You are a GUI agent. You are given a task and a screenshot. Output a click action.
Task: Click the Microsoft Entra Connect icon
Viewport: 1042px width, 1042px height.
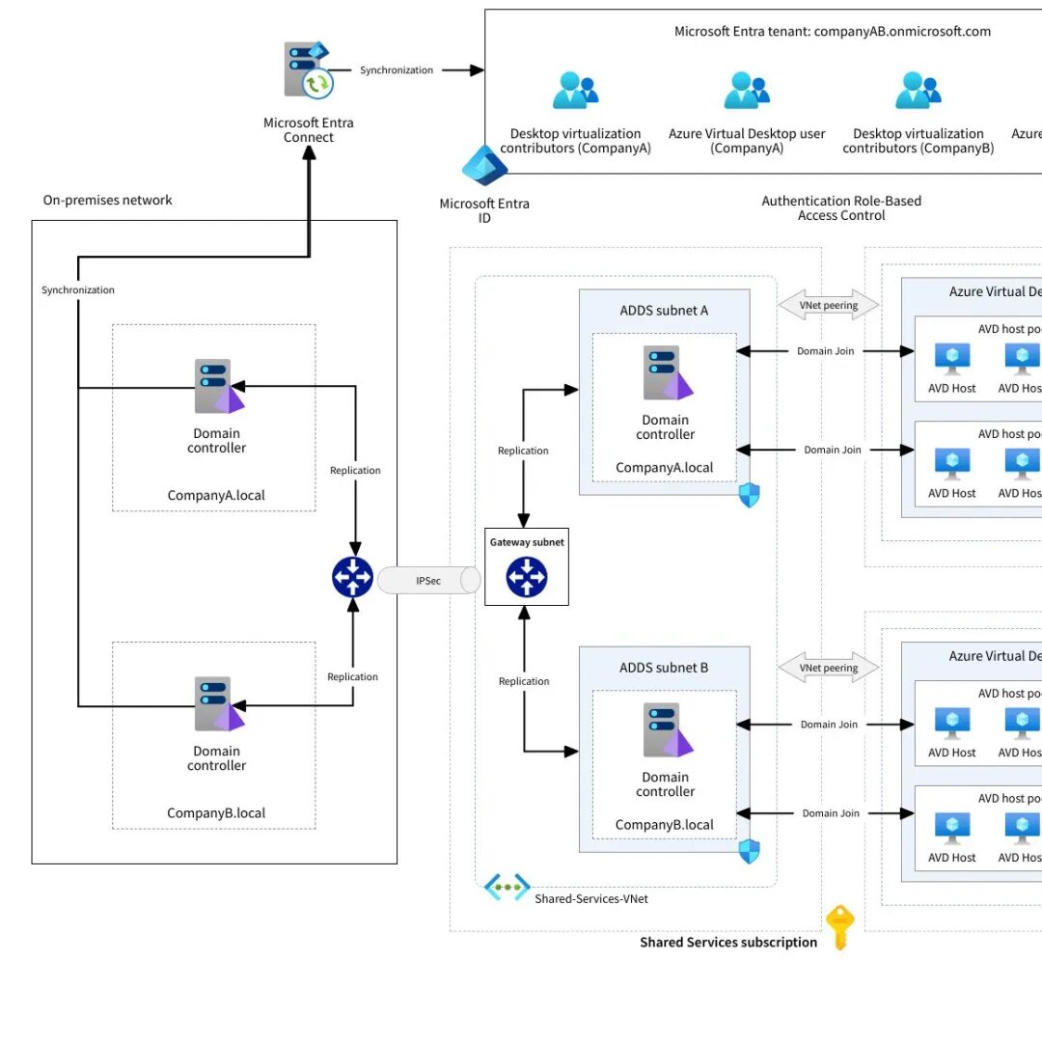click(308, 70)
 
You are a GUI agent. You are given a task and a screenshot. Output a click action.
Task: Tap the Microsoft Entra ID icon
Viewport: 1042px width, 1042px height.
click(484, 167)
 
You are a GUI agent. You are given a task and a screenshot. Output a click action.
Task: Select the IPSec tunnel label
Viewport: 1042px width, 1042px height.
click(428, 581)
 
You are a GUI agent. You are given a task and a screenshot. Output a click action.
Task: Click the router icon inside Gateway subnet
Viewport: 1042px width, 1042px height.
click(526, 577)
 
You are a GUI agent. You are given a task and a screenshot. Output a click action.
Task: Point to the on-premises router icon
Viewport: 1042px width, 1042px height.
click(352, 577)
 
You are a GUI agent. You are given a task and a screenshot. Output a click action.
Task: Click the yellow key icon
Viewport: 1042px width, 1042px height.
click(839, 927)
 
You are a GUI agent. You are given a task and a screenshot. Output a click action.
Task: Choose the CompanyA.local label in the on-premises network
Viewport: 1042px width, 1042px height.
click(216, 496)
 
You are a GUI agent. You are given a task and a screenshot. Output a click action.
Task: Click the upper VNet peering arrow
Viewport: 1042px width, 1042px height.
click(828, 306)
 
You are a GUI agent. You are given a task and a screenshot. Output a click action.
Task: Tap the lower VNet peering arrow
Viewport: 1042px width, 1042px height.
click(828, 668)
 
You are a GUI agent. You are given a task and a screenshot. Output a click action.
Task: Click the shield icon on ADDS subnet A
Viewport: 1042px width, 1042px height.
click(750, 496)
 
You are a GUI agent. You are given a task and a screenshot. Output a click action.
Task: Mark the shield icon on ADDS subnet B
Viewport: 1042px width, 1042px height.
click(750, 852)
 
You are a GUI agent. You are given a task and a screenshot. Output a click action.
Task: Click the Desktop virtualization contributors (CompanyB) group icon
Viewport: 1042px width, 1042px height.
click(918, 91)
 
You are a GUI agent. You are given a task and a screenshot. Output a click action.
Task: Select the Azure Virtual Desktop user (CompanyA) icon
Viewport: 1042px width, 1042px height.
click(747, 91)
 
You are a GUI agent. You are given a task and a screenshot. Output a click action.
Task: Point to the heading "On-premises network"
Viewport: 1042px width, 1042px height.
click(107, 201)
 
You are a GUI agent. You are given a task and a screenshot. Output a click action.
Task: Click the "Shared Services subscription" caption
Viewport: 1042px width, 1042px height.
click(728, 943)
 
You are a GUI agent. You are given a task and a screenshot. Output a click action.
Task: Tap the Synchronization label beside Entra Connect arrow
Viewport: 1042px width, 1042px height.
click(397, 70)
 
